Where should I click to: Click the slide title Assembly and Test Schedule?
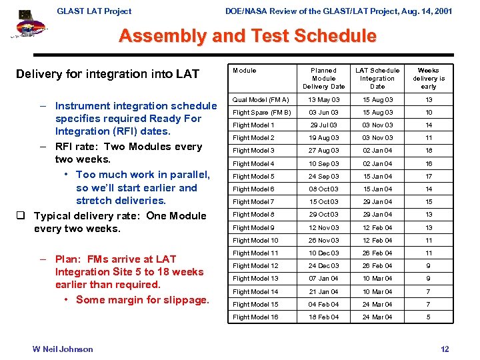coord(247,36)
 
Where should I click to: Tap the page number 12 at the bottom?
coord(445,349)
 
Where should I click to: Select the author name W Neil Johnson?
coord(63,349)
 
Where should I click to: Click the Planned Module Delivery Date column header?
coord(324,78)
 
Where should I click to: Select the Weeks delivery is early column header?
coord(429,78)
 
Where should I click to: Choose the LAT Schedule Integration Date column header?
coord(377,78)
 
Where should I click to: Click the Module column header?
coord(244,70)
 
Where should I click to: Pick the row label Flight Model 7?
coord(253,202)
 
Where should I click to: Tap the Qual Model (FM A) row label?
coord(261,99)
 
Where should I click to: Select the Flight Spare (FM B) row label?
coord(262,113)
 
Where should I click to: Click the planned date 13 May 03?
coord(324,99)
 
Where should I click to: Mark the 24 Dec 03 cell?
coord(324,266)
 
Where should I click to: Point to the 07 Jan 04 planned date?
coord(324,279)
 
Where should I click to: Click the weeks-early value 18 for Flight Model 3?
coord(429,151)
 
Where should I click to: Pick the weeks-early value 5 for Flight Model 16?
coord(429,317)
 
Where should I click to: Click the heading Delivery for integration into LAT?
coord(107,74)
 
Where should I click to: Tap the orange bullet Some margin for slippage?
coord(142,300)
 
